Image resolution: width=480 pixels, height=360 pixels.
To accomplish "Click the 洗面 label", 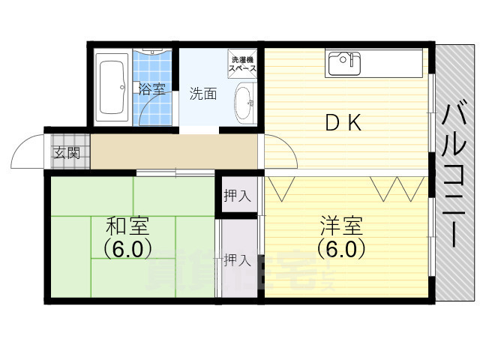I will pos(202,94).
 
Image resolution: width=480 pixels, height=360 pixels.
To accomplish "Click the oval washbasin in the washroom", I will pos(244,104).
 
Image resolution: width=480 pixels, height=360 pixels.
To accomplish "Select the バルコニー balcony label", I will pos(453,176).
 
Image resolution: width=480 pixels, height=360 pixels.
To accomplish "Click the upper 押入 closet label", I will pos(238,196).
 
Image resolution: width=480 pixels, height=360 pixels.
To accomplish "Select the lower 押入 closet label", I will pos(238,260).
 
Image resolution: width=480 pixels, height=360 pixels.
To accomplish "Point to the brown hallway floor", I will pos(172,152).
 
